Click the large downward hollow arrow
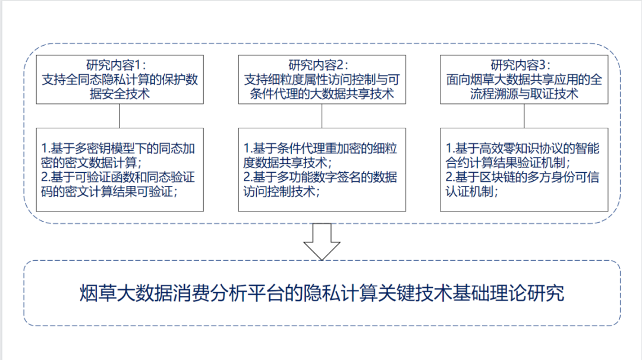tap(322, 241)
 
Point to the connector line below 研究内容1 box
tap(120, 116)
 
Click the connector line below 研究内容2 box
tap(322, 116)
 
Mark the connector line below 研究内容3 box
tap(524, 116)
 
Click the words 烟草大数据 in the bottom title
tap(127, 293)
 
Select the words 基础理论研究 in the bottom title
tap(509, 293)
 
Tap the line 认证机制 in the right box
tap(472, 191)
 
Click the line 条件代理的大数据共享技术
tap(319, 94)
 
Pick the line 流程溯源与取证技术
tap(521, 94)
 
